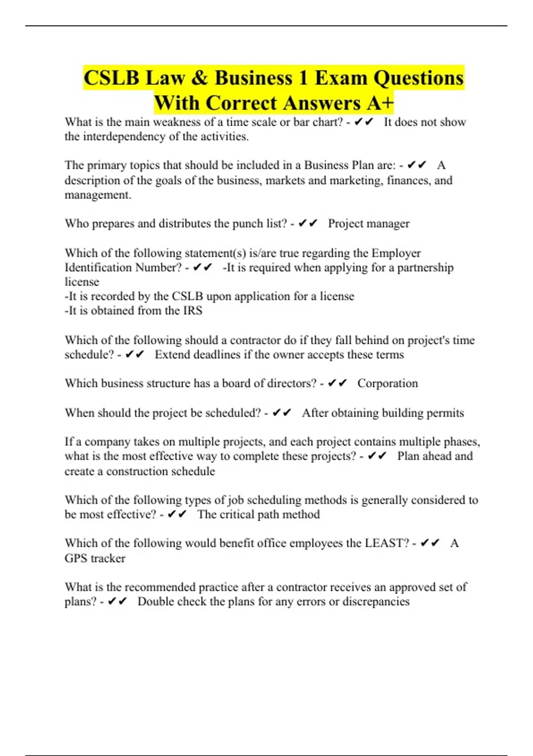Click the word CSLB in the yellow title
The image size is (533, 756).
[x=111, y=78]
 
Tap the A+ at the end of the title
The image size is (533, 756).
[x=381, y=103]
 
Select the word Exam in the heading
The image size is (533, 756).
[x=341, y=78]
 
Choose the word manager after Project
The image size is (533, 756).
[x=387, y=223]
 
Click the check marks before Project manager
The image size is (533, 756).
[x=308, y=223]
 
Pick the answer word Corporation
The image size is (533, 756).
[x=387, y=383]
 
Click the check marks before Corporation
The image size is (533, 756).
[x=337, y=383]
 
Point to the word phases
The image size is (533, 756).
[x=461, y=442]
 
